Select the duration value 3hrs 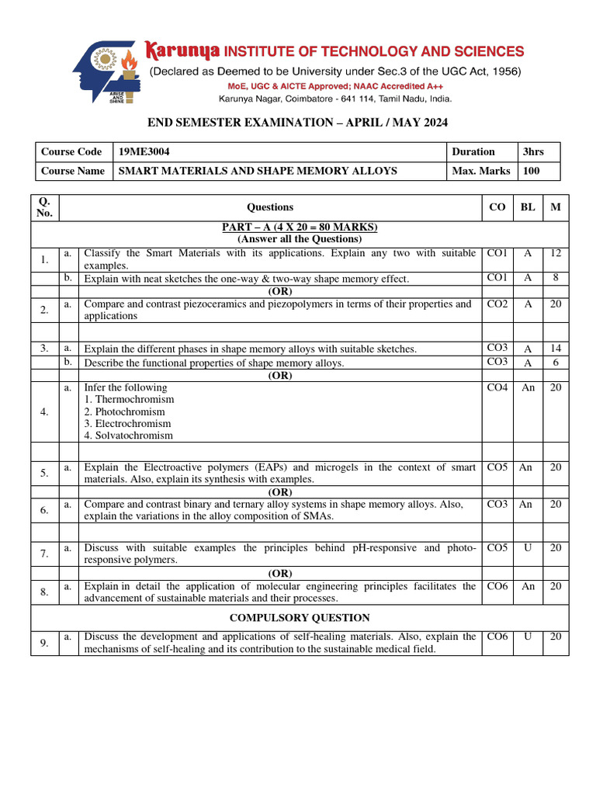click(533, 152)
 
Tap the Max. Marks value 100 click(532, 171)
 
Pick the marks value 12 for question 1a click(555, 253)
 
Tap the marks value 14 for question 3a click(555, 349)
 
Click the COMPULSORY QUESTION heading click(300, 618)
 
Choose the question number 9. click(44, 642)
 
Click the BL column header click(528, 207)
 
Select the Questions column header click(270, 207)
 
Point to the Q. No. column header click(44, 207)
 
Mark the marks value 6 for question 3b click(555, 362)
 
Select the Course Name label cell click(73, 171)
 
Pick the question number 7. click(44, 554)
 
